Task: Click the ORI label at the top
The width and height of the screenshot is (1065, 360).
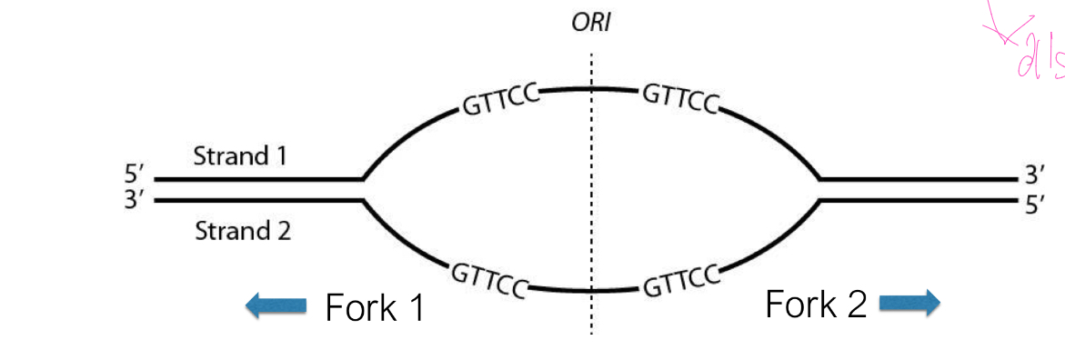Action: (590, 23)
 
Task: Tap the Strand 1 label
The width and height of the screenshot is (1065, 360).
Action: (240, 156)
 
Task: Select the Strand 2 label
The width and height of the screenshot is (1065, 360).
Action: (243, 231)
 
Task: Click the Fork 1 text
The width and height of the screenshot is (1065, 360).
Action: (375, 308)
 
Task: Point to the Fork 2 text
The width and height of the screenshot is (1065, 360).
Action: (816, 304)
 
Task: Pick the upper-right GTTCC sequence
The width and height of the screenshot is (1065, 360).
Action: (680, 97)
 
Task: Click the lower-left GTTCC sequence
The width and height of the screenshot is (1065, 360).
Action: (489, 277)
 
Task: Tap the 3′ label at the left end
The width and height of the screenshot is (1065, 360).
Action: (136, 199)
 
